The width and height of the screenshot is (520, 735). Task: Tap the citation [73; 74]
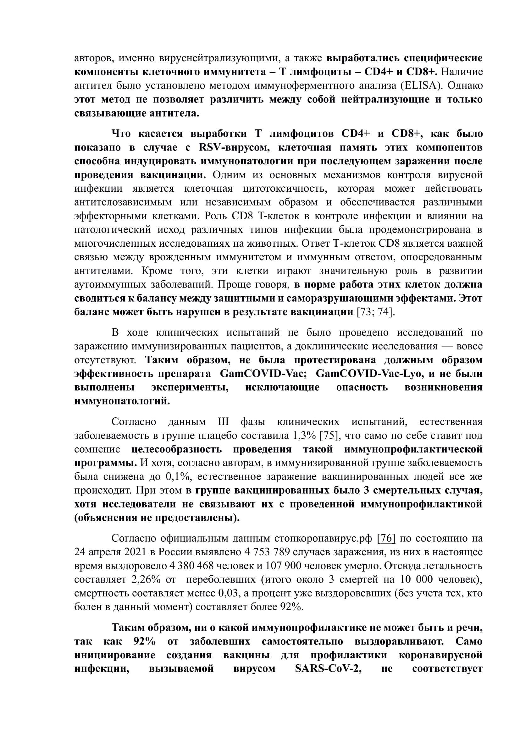coord(376,312)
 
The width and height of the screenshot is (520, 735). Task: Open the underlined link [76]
coord(386,539)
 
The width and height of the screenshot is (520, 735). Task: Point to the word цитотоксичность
coord(285,189)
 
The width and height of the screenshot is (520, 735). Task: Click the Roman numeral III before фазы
coord(223,422)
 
